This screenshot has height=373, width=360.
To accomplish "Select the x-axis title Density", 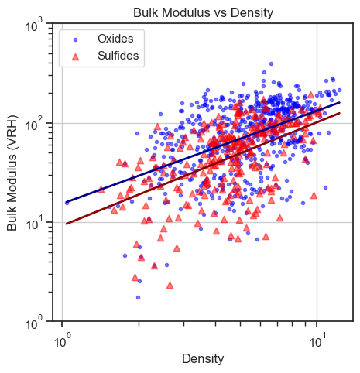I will pyautogui.click(x=203, y=358).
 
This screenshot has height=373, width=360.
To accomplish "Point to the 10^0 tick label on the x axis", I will pyautogui.click(x=62, y=338).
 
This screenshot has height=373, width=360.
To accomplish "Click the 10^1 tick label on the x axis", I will pyautogui.click(x=317, y=338).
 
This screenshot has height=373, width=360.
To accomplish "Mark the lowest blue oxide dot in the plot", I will pyautogui.click(x=138, y=297).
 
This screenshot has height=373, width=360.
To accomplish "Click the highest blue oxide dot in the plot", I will pyautogui.click(x=271, y=64).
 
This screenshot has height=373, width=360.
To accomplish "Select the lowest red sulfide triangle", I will pyautogui.click(x=170, y=285).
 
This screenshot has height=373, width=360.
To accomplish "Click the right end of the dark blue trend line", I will pyautogui.click(x=340, y=102).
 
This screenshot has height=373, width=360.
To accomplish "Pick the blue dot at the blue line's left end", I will pyautogui.click(x=67, y=203).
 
